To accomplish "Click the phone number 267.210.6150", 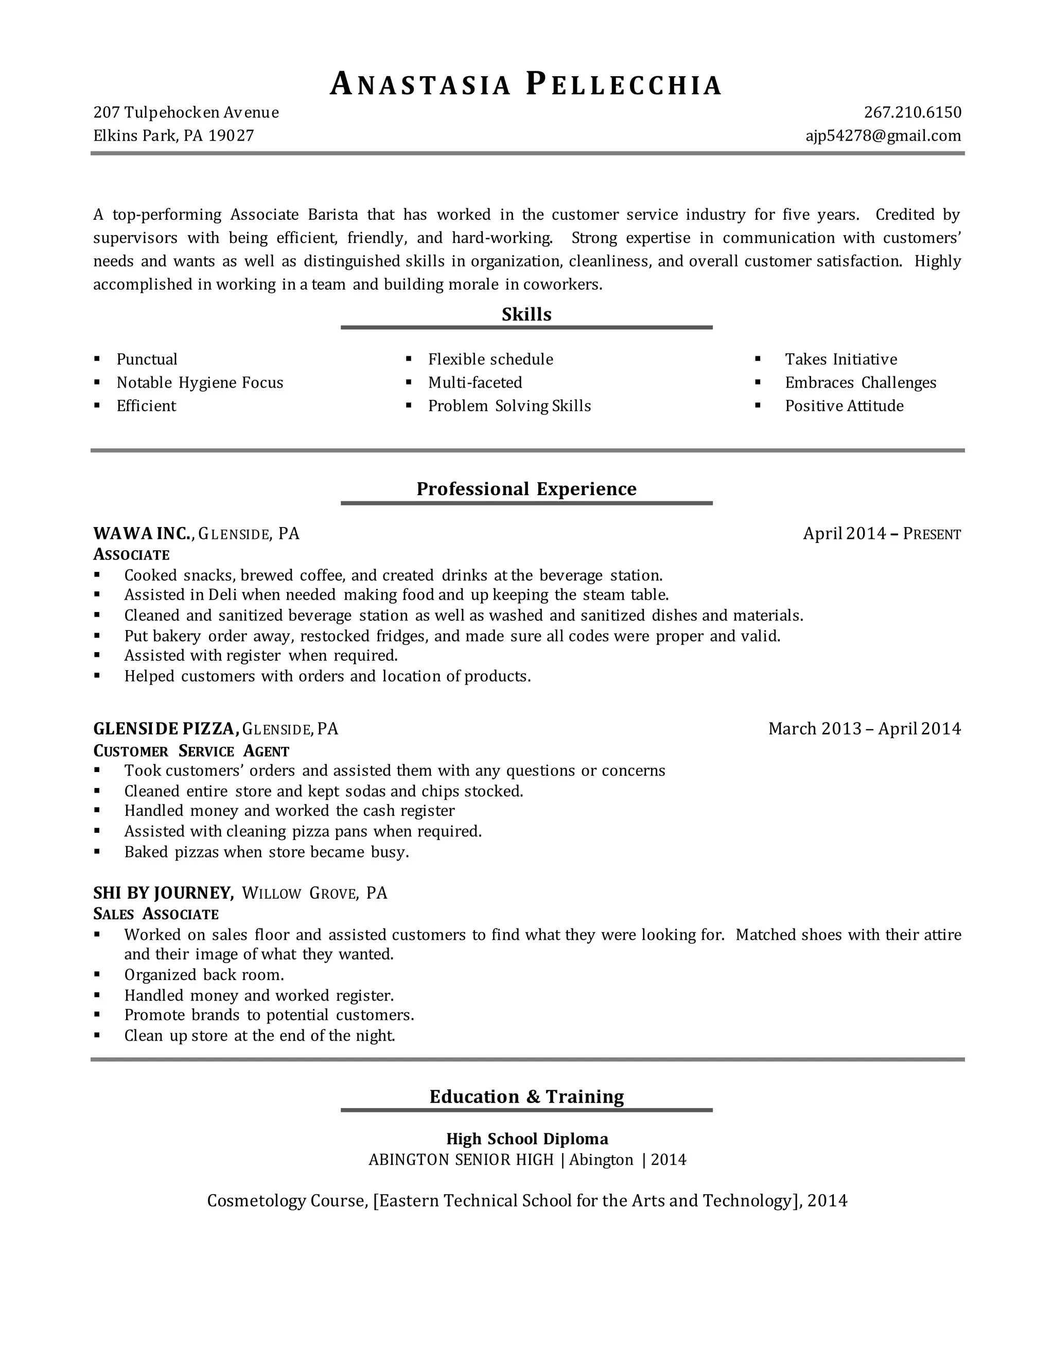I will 912,112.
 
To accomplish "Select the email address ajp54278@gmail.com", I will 883,135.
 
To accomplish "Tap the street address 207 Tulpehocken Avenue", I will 186,112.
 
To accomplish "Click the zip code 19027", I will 231,135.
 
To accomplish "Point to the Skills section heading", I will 526,314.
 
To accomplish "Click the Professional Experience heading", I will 526,488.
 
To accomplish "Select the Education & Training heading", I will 526,1096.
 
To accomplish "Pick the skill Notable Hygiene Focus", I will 200,382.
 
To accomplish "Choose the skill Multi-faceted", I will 475,382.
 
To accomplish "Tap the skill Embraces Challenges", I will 860,382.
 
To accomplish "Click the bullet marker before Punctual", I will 97,359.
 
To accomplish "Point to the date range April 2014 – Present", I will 882,533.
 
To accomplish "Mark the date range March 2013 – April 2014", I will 864,728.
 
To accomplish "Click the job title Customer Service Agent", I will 191,750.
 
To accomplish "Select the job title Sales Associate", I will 155,914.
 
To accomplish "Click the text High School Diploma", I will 527,1139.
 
